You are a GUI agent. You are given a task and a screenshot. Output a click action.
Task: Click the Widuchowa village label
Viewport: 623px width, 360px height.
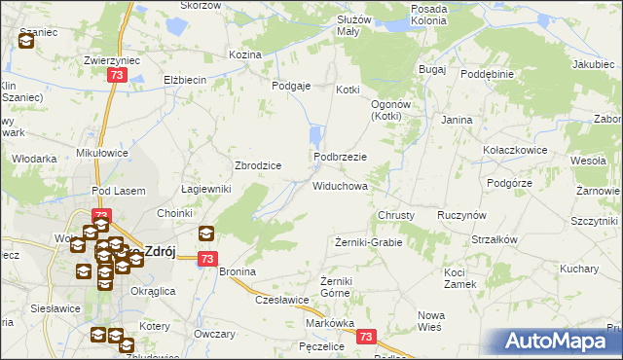click(339, 185)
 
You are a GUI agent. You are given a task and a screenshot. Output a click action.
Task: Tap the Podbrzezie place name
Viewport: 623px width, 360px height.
click(339, 157)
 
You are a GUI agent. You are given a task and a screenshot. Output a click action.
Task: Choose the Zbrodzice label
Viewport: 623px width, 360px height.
click(258, 165)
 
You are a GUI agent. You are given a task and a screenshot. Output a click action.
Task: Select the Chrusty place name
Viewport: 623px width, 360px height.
click(396, 215)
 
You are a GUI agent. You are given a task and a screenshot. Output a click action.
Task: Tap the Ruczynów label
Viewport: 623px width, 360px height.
click(462, 214)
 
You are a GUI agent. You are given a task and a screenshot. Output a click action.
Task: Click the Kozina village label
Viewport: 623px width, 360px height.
click(244, 54)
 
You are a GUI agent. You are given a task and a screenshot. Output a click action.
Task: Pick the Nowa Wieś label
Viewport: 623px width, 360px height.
click(430, 321)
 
